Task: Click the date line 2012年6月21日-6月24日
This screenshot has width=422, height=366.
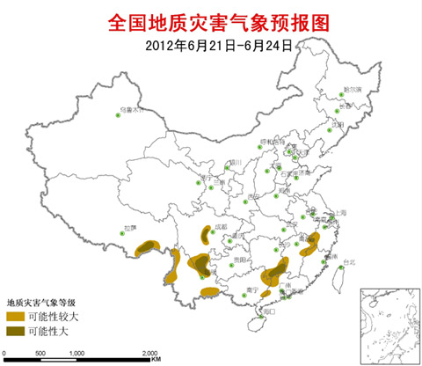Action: click(x=210, y=41)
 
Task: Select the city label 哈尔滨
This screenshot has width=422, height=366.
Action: click(x=353, y=90)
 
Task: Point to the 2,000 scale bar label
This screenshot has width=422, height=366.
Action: click(x=149, y=352)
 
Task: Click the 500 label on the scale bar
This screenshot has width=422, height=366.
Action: click(x=40, y=352)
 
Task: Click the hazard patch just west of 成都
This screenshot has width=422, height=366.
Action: click(x=207, y=234)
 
